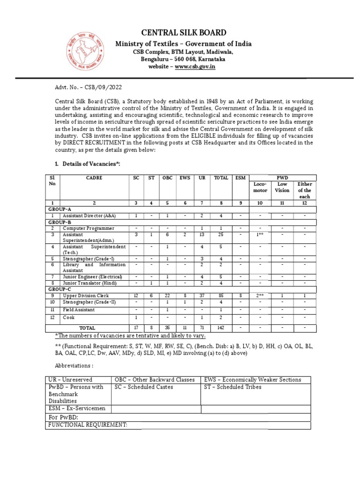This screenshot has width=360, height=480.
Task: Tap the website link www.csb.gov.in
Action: [x=196, y=67]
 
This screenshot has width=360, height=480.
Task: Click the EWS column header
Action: [x=185, y=178]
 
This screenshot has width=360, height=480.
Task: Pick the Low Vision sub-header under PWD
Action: [x=282, y=187]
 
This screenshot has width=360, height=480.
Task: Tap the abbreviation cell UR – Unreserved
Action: [x=69, y=379]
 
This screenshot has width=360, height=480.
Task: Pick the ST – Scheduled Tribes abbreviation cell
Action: [x=232, y=387]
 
